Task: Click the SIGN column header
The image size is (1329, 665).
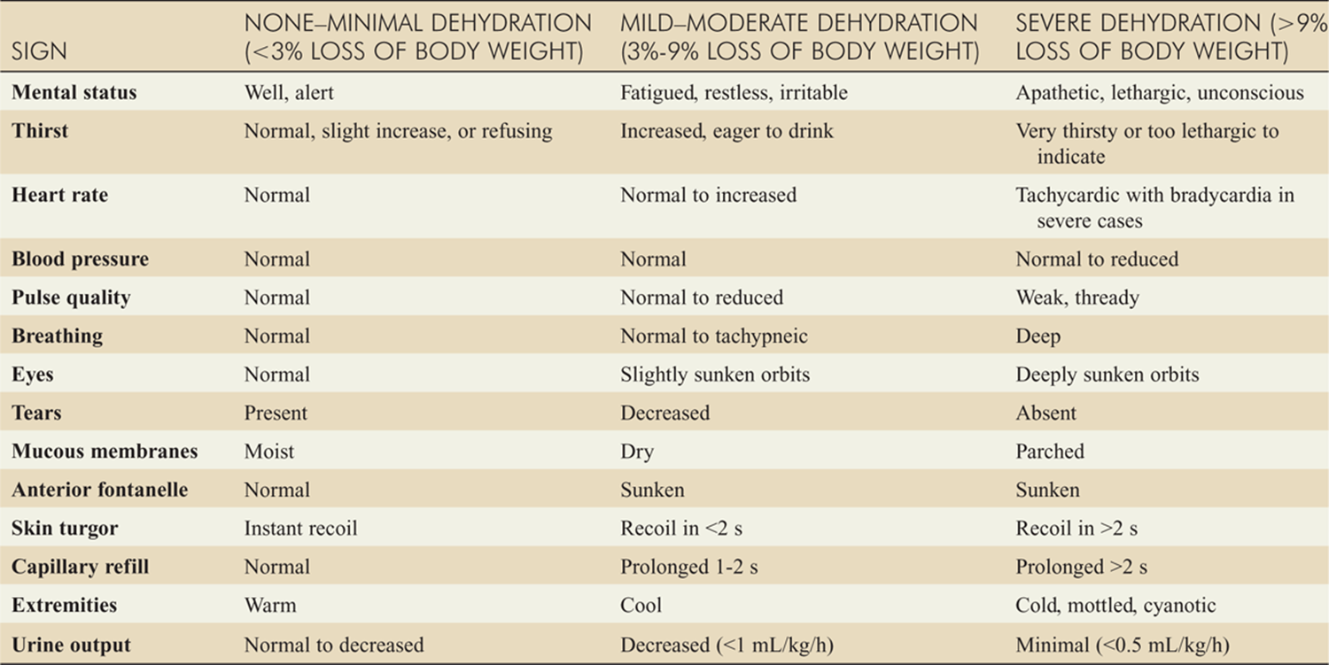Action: click(x=39, y=51)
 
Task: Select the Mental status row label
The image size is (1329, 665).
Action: click(x=74, y=93)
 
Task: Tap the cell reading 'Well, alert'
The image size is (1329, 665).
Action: click(x=289, y=93)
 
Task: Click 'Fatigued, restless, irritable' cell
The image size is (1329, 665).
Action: click(x=734, y=93)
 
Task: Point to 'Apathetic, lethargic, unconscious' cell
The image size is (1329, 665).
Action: click(x=1160, y=93)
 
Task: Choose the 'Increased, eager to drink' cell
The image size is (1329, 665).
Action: click(x=727, y=131)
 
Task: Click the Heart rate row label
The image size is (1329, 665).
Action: click(x=60, y=195)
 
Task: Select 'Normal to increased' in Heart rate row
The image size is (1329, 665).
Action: click(x=709, y=195)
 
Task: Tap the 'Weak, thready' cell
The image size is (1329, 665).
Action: click(x=1077, y=298)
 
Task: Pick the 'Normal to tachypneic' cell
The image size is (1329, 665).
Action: click(x=714, y=336)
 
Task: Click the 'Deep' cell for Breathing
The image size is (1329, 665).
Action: click(x=1038, y=336)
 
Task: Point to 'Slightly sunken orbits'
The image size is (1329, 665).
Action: click(x=715, y=375)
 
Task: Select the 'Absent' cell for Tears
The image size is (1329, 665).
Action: click(x=1046, y=413)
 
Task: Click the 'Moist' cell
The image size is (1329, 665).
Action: click(x=269, y=452)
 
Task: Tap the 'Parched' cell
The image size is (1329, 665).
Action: click(x=1050, y=452)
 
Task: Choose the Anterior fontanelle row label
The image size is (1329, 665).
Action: click(x=99, y=490)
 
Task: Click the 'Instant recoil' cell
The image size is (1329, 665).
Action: click(x=301, y=529)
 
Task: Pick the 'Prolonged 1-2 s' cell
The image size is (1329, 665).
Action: click(x=689, y=567)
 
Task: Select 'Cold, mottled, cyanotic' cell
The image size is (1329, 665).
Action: click(x=1116, y=606)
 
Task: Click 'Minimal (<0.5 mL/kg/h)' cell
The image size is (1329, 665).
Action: click(x=1123, y=645)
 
